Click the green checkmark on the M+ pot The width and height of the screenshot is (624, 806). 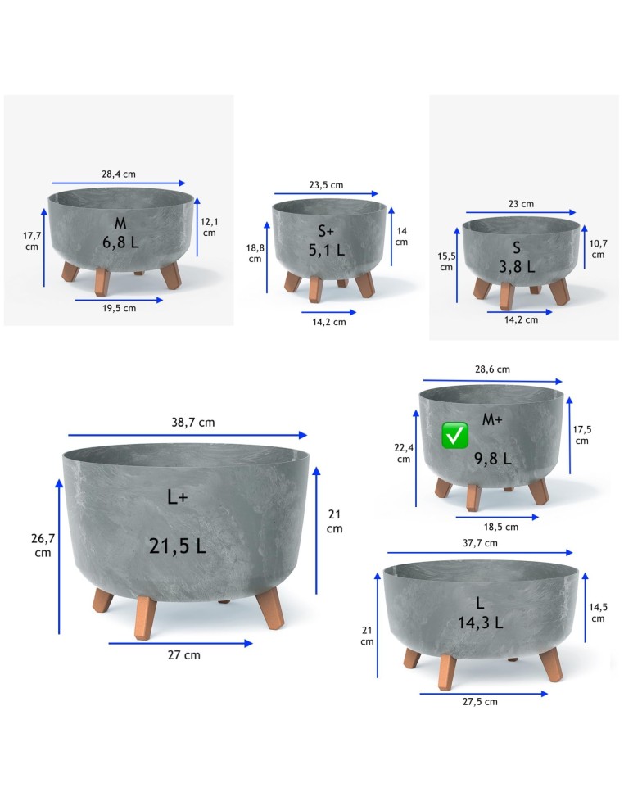point(454,436)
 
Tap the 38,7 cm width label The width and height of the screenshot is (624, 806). point(192,423)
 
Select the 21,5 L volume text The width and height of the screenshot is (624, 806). point(178,546)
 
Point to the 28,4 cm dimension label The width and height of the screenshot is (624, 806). point(119,174)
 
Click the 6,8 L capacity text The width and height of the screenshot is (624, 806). point(121,242)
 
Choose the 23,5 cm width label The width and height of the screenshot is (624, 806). point(327,185)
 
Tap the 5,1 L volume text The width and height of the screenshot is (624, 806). point(327,250)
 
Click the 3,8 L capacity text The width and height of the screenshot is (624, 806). point(517,267)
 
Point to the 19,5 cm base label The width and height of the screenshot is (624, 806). point(120,309)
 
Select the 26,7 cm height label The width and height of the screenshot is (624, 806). point(43,546)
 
